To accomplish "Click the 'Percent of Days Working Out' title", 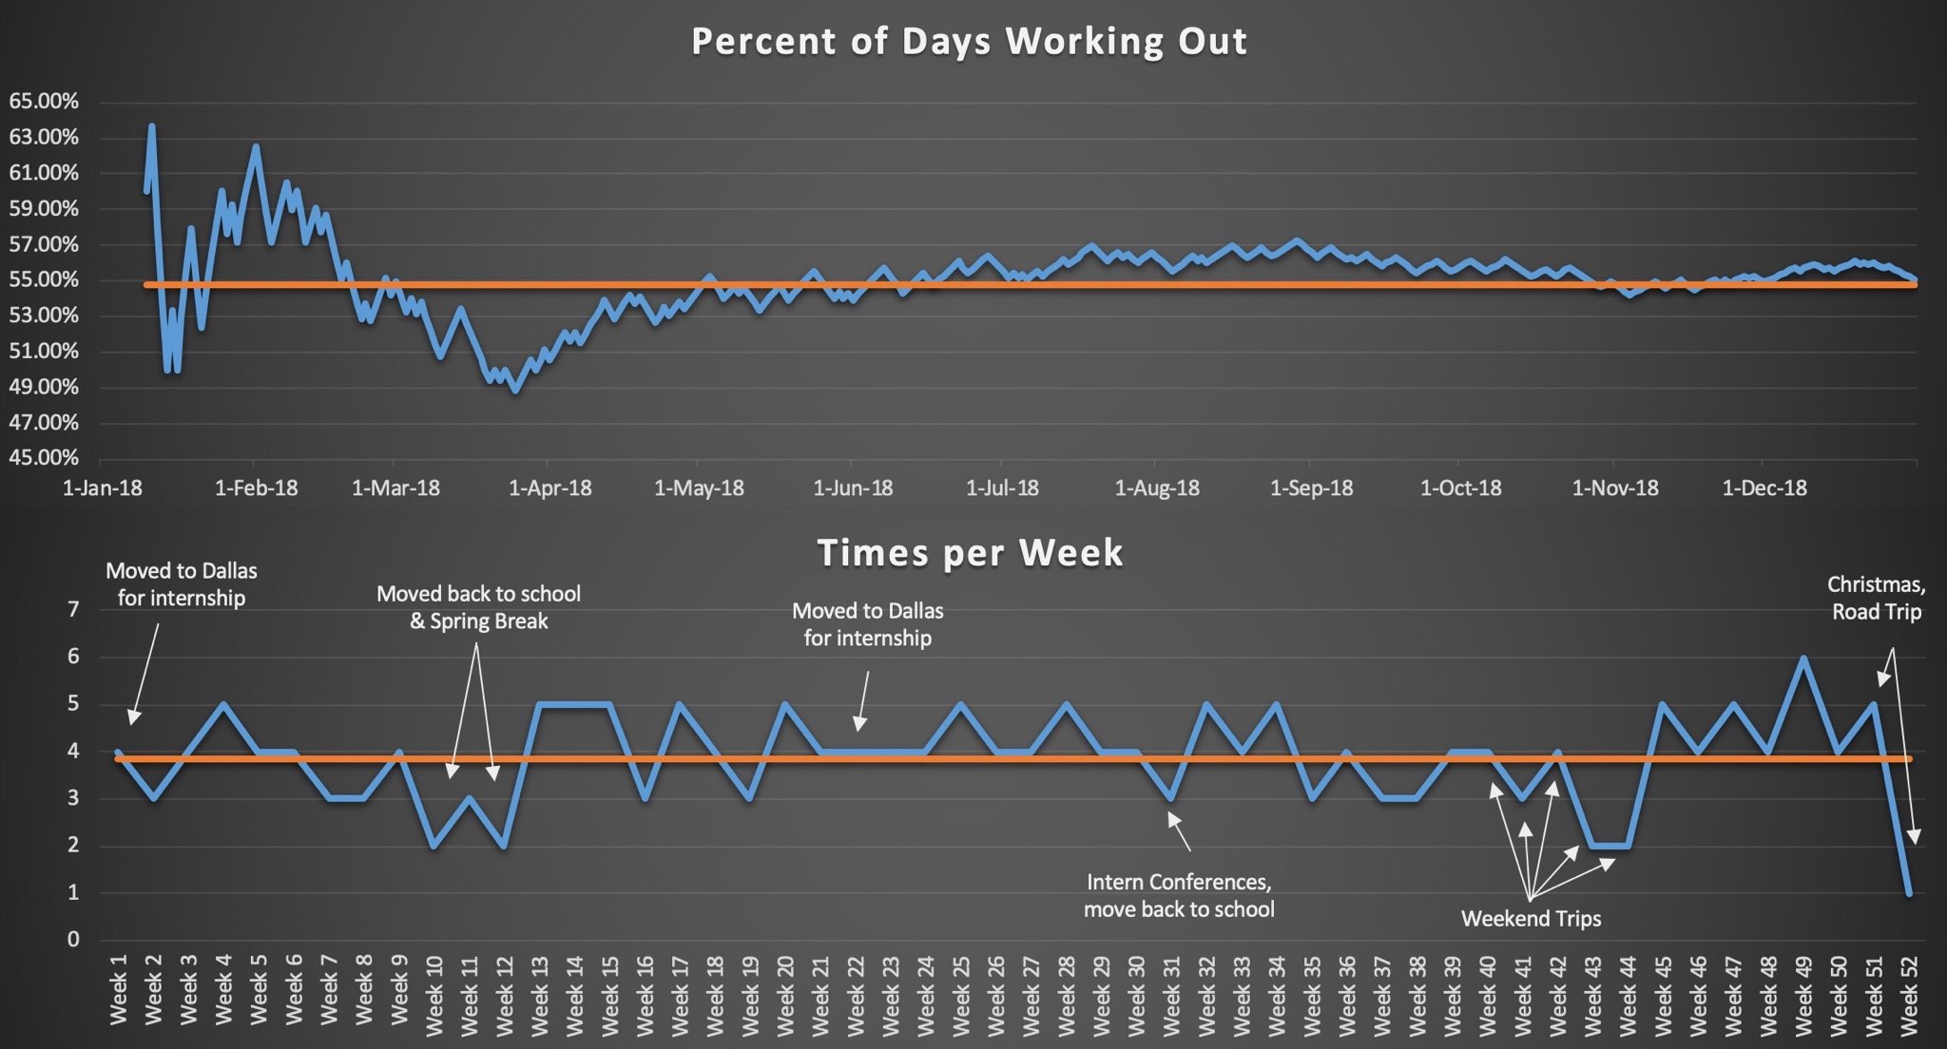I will coord(969,42).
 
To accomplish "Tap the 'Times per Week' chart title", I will coord(970,553).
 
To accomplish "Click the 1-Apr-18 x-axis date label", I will coord(549,488).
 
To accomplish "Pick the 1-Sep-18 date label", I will coord(1311,488).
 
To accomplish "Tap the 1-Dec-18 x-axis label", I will coord(1764,488).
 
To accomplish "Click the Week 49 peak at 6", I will coord(1803,658).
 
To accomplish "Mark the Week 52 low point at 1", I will coord(1909,893).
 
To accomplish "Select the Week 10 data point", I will coord(434,846).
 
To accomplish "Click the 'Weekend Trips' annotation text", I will coord(1531,919).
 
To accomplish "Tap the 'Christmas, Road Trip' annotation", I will coord(1876,599).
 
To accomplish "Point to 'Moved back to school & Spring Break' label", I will coord(478,607).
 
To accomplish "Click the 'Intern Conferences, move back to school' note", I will coord(1179,895).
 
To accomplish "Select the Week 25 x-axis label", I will coord(961,990).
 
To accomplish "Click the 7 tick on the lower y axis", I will coord(73,609).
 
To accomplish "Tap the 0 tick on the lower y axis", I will coord(73,940).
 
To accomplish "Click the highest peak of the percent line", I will coord(151,126).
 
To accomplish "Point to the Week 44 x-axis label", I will coord(1629,990).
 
